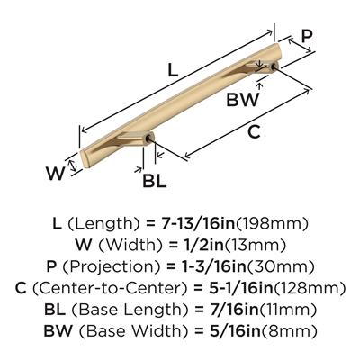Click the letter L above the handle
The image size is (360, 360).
coord(173,70)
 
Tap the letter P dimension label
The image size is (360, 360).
coord(307,37)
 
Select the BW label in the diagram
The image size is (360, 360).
coord(242,100)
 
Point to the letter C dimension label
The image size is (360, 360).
coord(254,131)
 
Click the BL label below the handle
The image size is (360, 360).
coord(155,181)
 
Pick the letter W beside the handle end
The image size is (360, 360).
coord(56,173)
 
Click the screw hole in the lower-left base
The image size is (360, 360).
coord(148,139)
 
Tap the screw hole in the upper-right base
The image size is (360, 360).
coord(274,67)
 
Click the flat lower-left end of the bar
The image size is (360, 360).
coord(85,158)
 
